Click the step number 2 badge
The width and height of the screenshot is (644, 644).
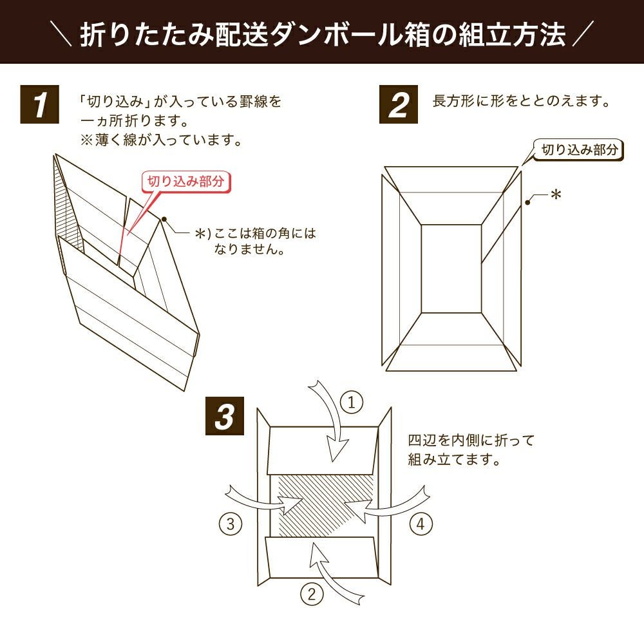pyautogui.click(x=399, y=106)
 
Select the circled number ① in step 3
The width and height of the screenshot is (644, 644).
pyautogui.click(x=352, y=403)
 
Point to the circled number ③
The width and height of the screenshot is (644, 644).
pyautogui.click(x=231, y=524)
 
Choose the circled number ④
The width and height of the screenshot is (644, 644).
pyautogui.click(x=420, y=524)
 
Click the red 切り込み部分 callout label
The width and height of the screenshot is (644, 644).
pyautogui.click(x=185, y=182)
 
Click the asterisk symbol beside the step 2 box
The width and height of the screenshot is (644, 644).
pyautogui.click(x=555, y=195)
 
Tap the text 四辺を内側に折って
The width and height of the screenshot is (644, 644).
pyautogui.click(x=471, y=441)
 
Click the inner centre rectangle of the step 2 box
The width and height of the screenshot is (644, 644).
pyautogui.click(x=451, y=268)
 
